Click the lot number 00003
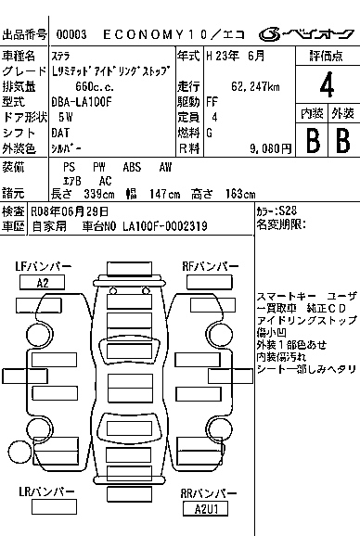[71, 34]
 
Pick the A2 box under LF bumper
[43, 283]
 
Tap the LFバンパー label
[43, 267]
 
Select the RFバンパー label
[211, 267]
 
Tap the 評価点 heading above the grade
[327, 56]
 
